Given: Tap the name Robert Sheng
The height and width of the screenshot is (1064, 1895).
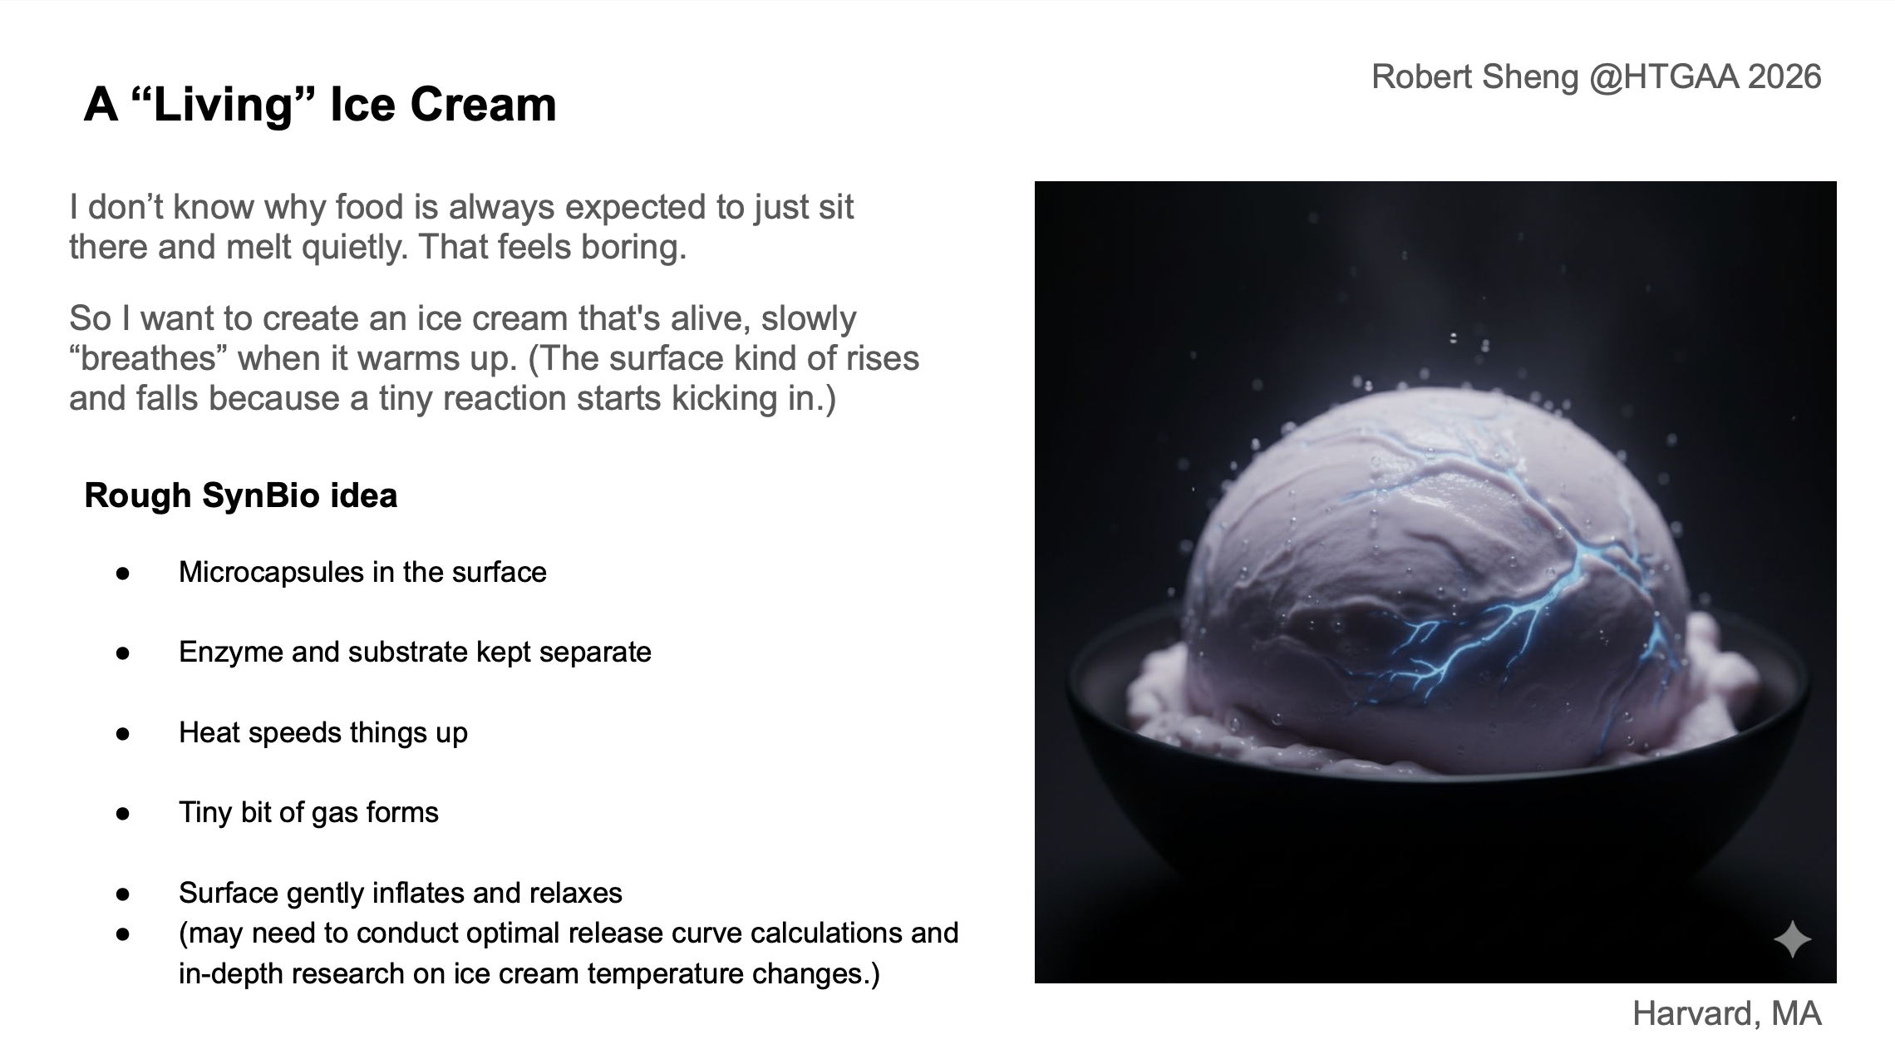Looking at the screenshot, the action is coord(1475,77).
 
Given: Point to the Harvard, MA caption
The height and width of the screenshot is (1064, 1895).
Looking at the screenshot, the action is coord(1726,1013).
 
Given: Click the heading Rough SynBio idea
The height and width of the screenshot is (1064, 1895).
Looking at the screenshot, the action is coord(241,495).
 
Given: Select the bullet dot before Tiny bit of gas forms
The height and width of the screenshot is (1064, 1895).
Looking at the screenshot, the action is coord(123,813).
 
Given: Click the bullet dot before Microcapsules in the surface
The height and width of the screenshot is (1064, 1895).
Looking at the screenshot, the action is coord(123,573).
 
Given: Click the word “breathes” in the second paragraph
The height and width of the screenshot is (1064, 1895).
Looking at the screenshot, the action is coord(149,359).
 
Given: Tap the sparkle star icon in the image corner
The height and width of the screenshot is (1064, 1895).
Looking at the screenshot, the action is coord(1792,940).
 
